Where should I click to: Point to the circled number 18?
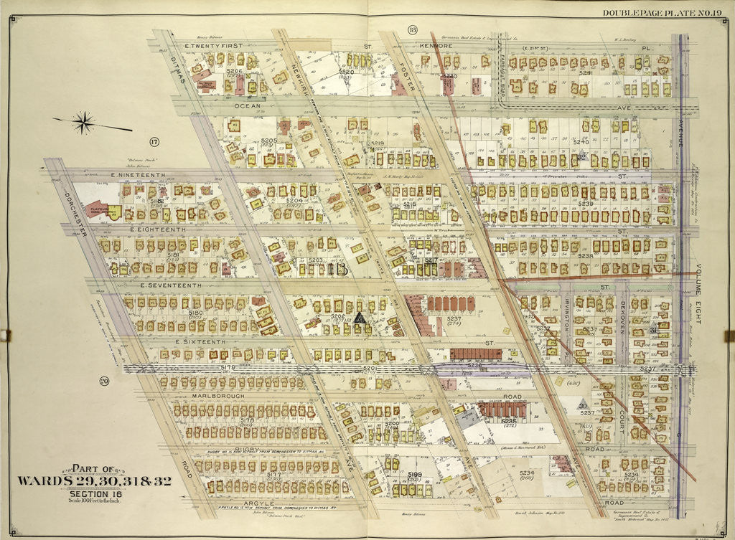412,29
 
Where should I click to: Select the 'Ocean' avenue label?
246,105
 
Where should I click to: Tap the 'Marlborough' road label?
217,395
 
